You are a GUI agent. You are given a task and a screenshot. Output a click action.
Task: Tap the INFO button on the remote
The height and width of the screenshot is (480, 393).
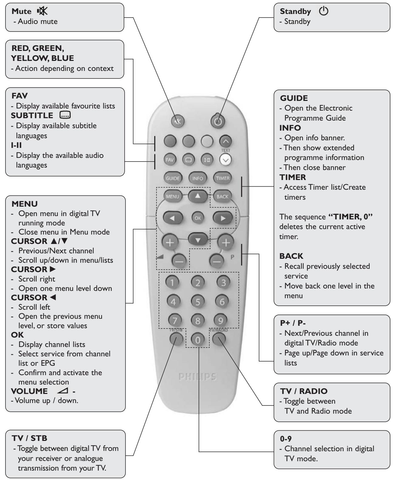tap(197, 178)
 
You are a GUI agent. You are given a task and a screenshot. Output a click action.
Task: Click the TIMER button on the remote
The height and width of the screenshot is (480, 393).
tap(223, 178)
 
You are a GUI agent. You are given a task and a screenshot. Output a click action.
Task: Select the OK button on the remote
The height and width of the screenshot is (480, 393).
tap(198, 218)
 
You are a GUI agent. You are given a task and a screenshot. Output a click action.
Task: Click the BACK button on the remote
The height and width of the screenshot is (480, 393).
tap(222, 196)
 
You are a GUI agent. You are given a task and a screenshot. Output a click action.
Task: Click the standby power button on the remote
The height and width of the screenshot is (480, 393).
tap(219, 121)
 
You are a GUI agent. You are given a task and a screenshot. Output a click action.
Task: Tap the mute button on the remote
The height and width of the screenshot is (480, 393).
tap(177, 121)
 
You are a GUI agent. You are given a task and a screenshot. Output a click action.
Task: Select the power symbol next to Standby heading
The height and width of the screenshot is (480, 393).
tap(324, 12)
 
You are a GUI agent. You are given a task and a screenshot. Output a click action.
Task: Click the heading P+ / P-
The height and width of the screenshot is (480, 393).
tap(292, 323)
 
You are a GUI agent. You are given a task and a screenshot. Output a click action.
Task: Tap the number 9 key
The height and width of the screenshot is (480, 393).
tap(223, 320)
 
